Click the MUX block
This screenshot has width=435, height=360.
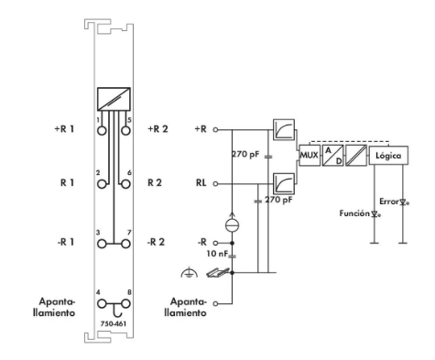[x=310, y=156]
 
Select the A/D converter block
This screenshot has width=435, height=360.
[x=333, y=156]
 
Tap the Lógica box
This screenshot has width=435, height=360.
[x=388, y=156]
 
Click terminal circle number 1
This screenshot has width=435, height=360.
[x=102, y=131]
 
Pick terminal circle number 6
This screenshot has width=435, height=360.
[x=125, y=184]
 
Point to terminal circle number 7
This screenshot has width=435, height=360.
[x=125, y=244]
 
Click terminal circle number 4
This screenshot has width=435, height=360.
[x=102, y=304]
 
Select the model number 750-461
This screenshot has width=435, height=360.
[x=114, y=323]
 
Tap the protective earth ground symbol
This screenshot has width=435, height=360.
[x=189, y=272]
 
